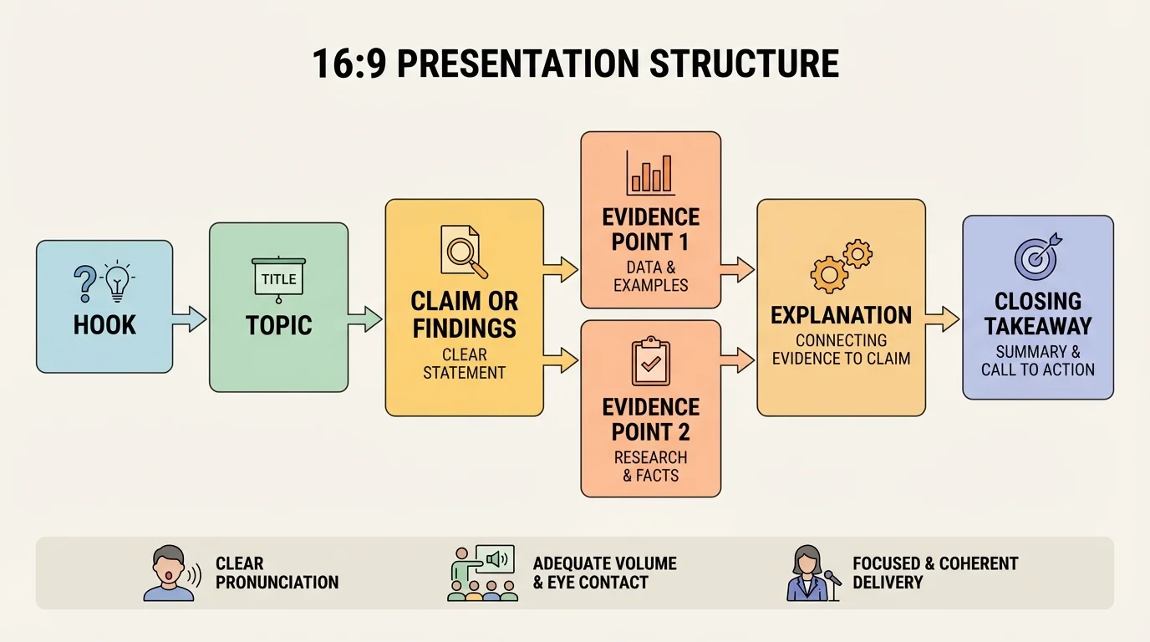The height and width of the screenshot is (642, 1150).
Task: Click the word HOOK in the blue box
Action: (104, 324)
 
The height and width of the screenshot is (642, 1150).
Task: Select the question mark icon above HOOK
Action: (85, 283)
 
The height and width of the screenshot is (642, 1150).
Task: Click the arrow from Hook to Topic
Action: (190, 318)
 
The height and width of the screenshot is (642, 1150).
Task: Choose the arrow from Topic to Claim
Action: (365, 318)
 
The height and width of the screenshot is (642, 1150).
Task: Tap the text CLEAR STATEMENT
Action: (464, 364)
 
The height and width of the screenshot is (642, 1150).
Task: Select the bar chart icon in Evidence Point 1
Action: (651, 174)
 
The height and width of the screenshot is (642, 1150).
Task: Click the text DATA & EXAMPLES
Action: (651, 277)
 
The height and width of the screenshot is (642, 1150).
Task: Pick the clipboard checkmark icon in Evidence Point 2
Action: (651, 361)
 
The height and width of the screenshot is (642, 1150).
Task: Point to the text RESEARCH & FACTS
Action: (651, 466)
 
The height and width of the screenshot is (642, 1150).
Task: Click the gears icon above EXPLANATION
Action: (840, 264)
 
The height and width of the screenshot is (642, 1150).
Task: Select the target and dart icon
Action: (1037, 256)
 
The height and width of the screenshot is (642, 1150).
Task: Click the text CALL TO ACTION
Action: (1038, 369)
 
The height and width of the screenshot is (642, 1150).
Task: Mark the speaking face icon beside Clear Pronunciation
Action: (172, 573)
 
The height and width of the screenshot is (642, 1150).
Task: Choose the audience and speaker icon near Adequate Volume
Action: (482, 573)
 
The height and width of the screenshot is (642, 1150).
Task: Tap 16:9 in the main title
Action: (349, 64)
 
